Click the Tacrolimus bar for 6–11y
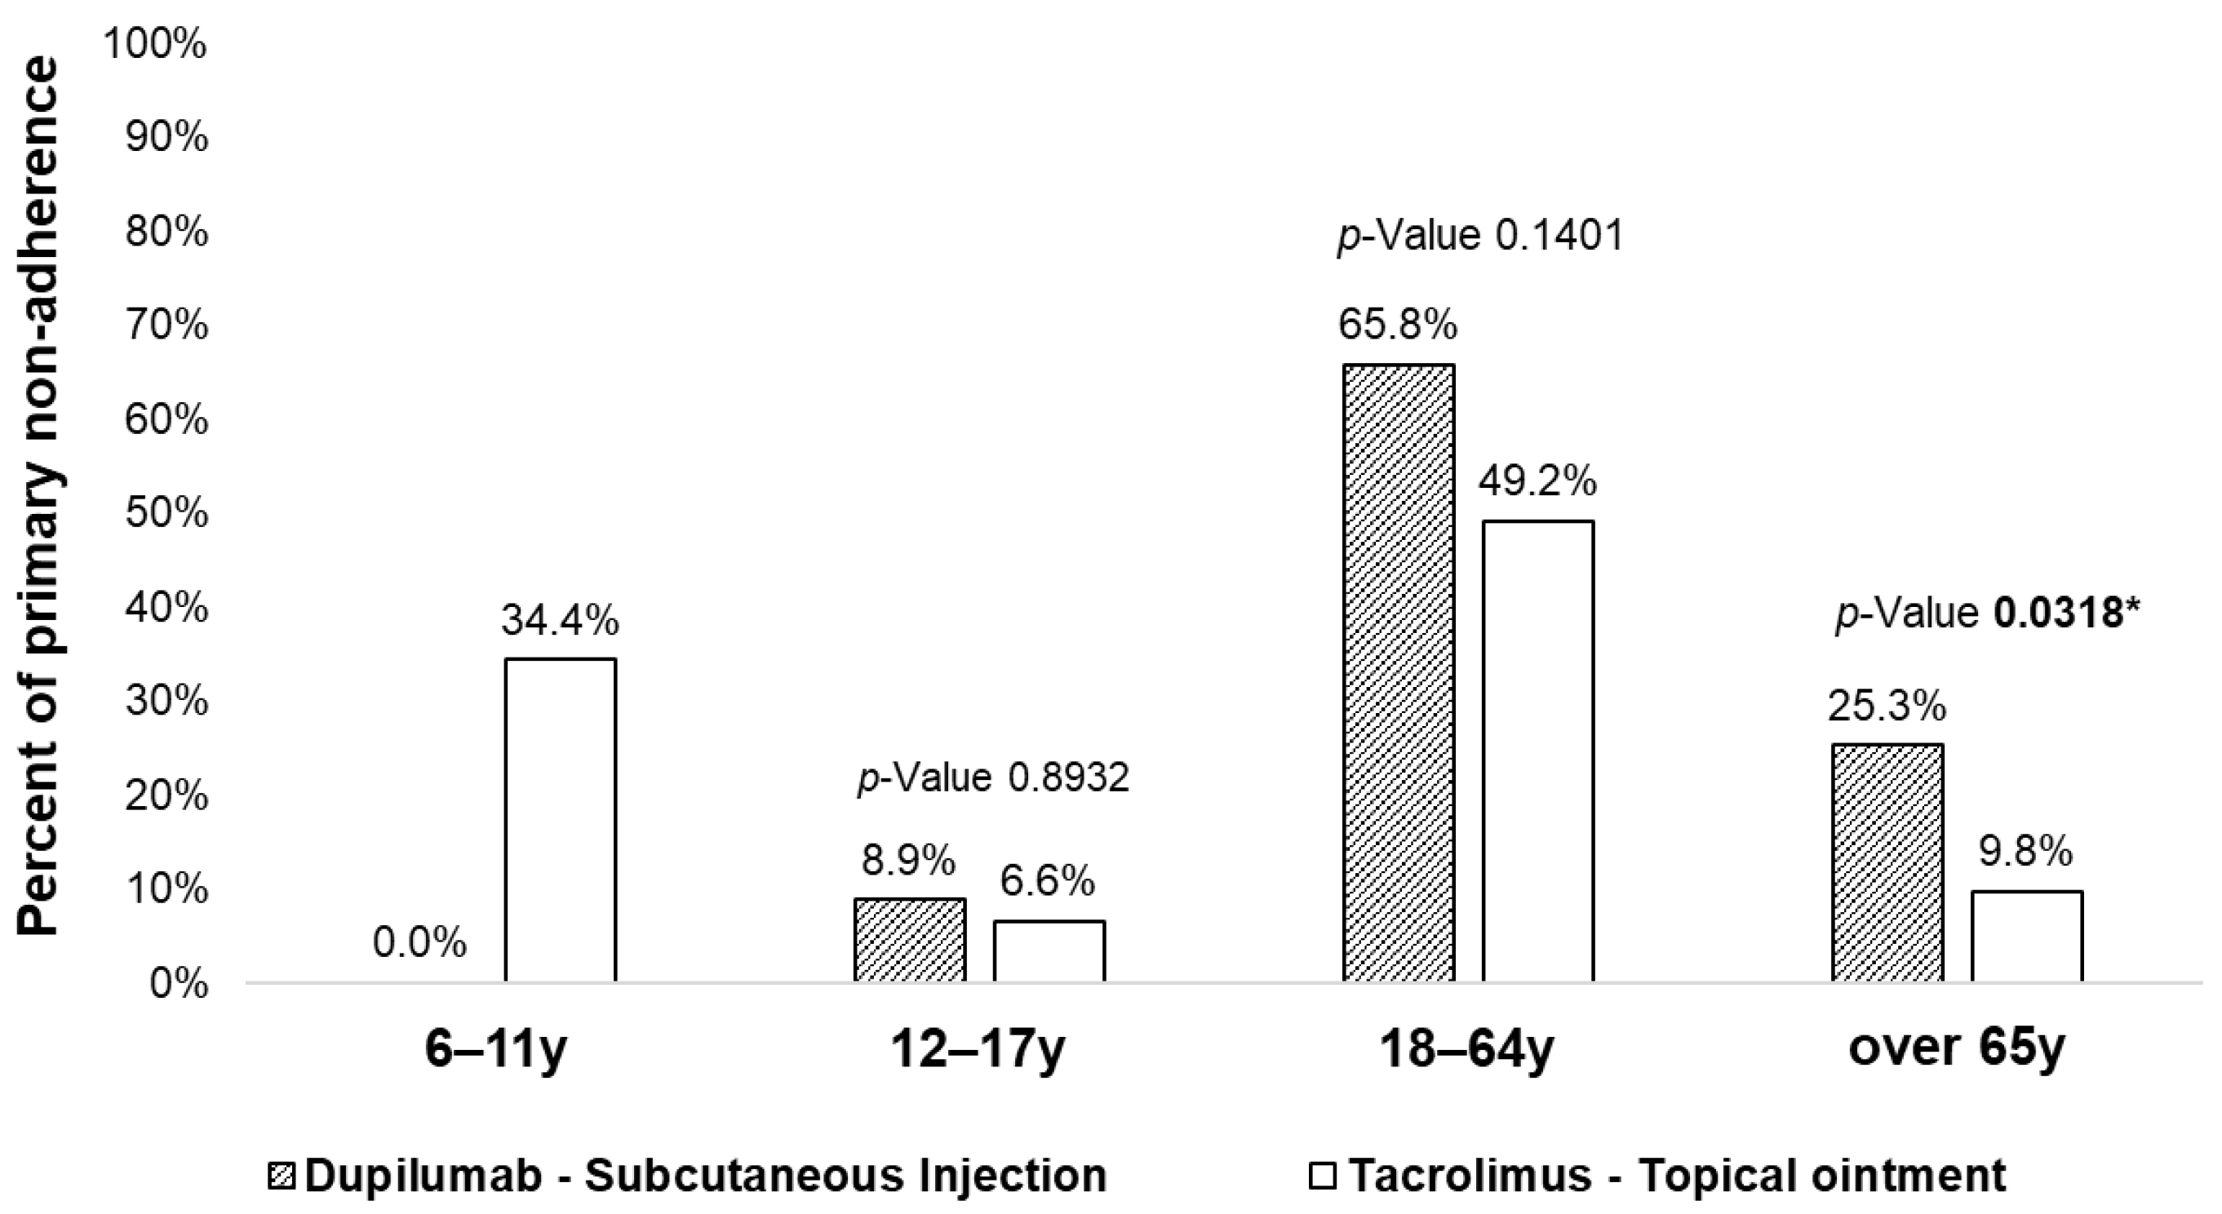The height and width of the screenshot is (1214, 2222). coord(560,820)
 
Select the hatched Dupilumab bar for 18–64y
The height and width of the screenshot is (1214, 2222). coord(1399,672)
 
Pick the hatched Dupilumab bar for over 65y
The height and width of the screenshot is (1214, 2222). coord(1887,863)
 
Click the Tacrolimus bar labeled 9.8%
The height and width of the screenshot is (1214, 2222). coord(2027,937)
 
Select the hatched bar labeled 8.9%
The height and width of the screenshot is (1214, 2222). coord(910,940)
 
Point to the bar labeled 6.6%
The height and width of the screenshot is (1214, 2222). coord(1049,951)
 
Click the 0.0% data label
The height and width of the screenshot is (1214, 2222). coord(419,943)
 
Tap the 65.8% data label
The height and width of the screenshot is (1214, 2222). coord(1397,326)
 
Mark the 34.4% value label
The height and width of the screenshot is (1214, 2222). coord(561,620)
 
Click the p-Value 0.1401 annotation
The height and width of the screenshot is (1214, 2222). coord(1480,236)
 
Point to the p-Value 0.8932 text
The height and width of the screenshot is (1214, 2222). coord(993,778)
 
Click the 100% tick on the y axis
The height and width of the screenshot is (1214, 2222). coord(155,44)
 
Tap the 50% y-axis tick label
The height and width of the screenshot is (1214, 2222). coord(166,515)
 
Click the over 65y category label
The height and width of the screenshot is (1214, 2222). coord(1956,1048)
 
